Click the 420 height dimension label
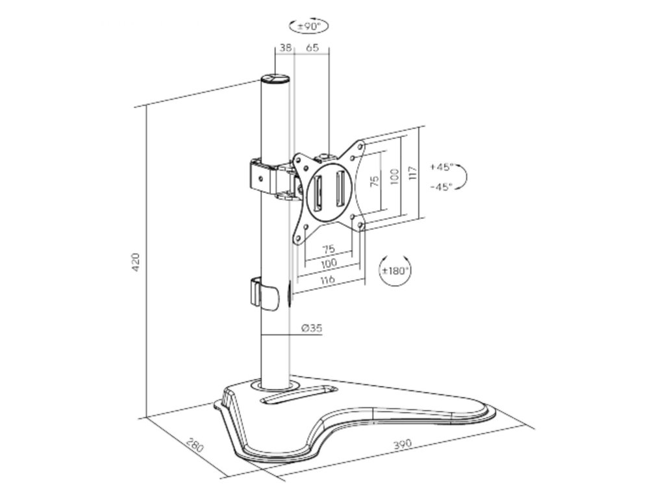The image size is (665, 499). click(135, 262)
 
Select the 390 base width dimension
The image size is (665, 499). click(403, 444)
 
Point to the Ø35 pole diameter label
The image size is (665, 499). click(312, 328)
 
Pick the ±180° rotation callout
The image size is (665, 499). click(395, 270)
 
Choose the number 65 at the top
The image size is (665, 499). click(312, 48)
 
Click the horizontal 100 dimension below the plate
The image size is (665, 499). click(328, 263)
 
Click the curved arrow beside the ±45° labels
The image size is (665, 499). click(466, 176)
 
